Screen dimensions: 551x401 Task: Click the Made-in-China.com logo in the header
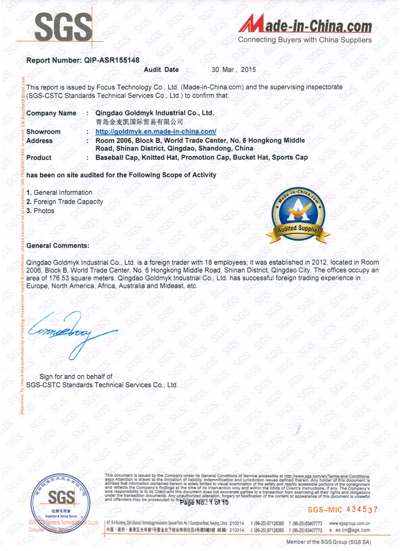(x=305, y=28)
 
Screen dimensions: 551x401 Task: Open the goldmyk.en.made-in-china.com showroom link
(x=155, y=131)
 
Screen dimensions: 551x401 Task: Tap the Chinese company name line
(x=139, y=122)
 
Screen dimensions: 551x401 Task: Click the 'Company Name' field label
(x=51, y=113)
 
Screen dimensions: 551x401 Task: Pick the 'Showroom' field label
(x=43, y=131)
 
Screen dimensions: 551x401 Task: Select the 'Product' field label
(x=39, y=157)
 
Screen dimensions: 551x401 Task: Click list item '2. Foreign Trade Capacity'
(x=65, y=201)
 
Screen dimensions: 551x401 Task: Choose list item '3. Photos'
(x=40, y=211)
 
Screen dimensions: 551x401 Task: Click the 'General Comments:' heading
(x=58, y=245)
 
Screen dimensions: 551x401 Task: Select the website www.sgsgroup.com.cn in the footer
(x=350, y=523)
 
